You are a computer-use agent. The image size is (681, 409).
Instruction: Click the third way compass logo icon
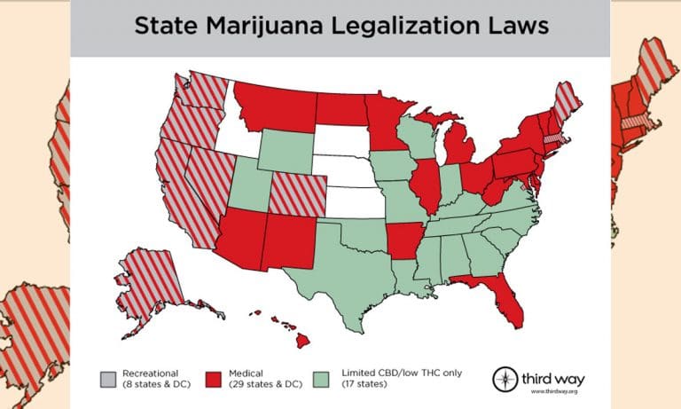(x=505, y=377)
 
